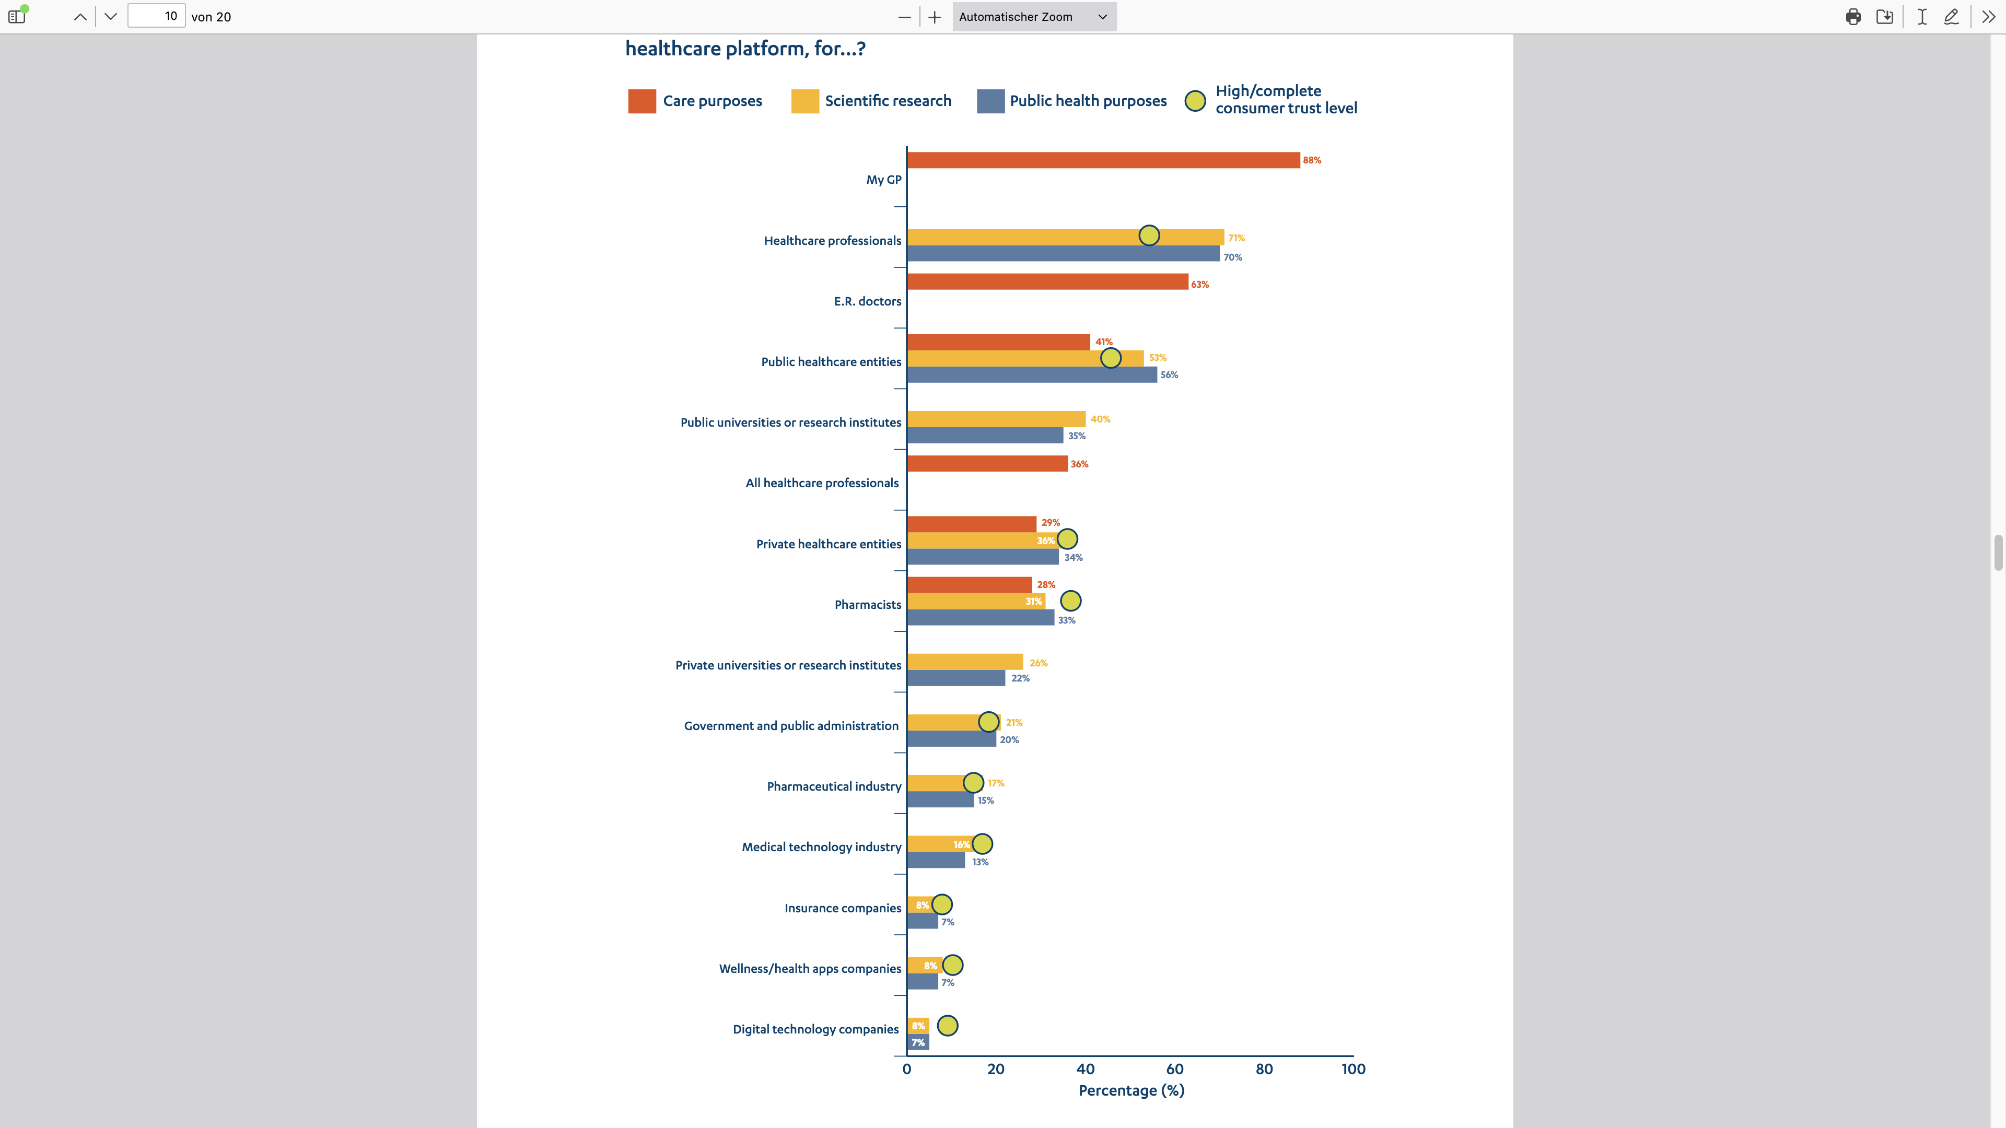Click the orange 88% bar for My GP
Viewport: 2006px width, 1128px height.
tap(1103, 160)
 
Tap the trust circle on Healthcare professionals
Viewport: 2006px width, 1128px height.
tap(1149, 235)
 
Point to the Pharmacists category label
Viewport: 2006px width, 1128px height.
tap(868, 605)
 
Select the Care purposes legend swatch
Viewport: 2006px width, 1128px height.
tap(642, 101)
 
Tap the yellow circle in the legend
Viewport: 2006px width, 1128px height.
tap(1195, 101)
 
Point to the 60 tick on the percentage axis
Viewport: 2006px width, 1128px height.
tap(1174, 1070)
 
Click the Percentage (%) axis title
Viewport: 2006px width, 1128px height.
tap(1130, 1090)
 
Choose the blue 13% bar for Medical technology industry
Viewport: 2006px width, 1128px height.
tap(935, 861)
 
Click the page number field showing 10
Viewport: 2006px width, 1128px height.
tap(157, 16)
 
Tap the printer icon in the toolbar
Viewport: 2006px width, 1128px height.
tap(1852, 16)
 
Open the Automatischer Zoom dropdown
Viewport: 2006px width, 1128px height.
tap(1033, 16)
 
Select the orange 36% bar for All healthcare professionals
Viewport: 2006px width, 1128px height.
tap(987, 464)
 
